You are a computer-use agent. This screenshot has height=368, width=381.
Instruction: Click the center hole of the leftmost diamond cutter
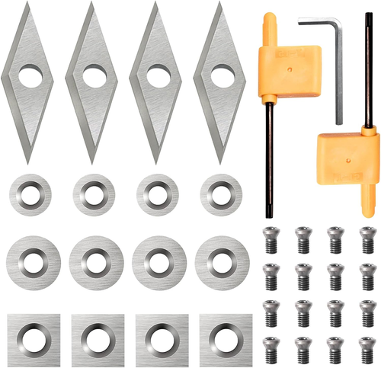(30, 76)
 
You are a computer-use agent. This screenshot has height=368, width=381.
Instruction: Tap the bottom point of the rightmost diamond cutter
(220, 162)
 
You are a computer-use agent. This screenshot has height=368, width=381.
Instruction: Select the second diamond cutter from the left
(94, 84)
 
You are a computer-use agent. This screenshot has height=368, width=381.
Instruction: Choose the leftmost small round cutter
(30, 195)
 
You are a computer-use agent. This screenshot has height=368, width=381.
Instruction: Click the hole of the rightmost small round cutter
(221, 195)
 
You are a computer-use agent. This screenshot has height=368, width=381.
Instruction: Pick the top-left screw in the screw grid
(268, 240)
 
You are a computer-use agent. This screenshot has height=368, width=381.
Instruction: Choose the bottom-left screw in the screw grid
(268, 348)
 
